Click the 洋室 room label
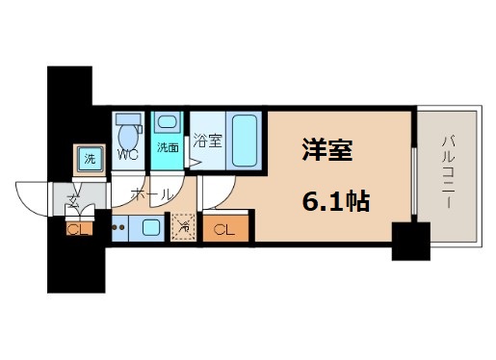click(x=328, y=151)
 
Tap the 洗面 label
click(x=168, y=147)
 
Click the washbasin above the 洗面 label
click(x=169, y=123)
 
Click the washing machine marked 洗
click(x=89, y=158)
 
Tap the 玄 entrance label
click(x=73, y=199)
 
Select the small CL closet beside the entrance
click(x=74, y=229)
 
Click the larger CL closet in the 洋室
click(x=223, y=229)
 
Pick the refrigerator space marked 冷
click(x=186, y=228)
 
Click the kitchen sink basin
click(x=151, y=228)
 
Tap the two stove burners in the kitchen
click(x=119, y=229)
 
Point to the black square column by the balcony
click(x=409, y=240)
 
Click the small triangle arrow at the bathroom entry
click(x=195, y=162)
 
